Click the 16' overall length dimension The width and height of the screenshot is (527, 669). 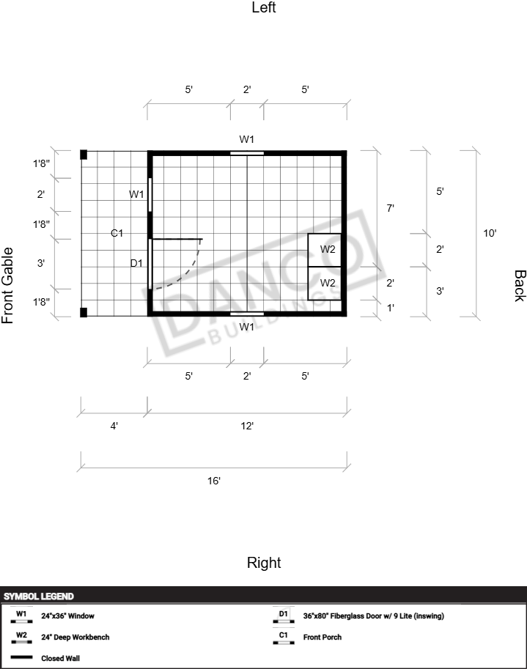(x=214, y=481)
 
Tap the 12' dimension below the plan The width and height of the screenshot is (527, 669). (x=247, y=426)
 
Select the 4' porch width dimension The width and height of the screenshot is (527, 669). (x=114, y=426)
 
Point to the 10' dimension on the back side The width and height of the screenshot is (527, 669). (x=490, y=233)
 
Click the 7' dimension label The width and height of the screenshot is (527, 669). (x=390, y=208)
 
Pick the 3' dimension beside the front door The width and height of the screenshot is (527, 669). (x=40, y=263)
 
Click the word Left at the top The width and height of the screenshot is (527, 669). (x=264, y=7)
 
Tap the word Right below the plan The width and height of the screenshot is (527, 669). (x=264, y=563)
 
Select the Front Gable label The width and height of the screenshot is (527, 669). (x=7, y=286)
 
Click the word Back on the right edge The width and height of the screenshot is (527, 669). (x=520, y=286)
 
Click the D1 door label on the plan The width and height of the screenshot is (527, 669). (x=136, y=263)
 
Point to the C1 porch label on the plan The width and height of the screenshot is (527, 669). (x=117, y=233)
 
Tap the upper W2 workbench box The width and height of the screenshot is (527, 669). (x=325, y=250)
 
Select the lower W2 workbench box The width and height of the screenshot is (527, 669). (x=325, y=284)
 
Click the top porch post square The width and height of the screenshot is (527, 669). (x=84, y=155)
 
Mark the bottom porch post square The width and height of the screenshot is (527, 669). (x=84, y=312)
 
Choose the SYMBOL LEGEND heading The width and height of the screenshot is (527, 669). (x=39, y=596)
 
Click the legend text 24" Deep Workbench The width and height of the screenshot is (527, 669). (x=75, y=637)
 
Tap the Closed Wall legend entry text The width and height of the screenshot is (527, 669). (x=60, y=658)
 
